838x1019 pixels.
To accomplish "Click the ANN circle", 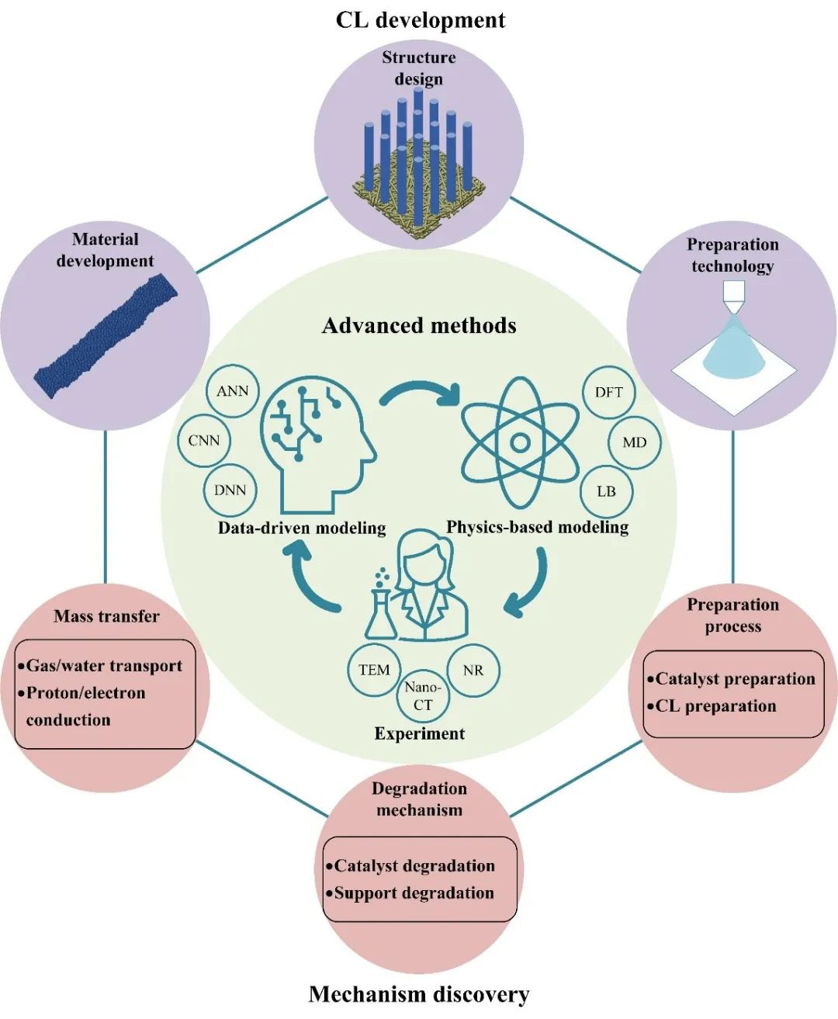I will tap(233, 391).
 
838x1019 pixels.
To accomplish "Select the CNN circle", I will tap(204, 441).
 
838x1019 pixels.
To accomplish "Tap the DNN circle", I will tap(230, 490).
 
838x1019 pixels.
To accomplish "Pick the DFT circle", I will tap(609, 392).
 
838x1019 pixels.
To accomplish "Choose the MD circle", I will tap(634, 442).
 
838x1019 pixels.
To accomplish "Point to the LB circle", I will tap(606, 491).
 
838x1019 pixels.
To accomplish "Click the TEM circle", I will tap(374, 670).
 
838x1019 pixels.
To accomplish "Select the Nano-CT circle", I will tap(423, 696).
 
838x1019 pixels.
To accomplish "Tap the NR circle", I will tap(473, 670).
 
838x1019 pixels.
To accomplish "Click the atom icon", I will tap(520, 443).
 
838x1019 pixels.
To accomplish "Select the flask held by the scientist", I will tap(380, 613).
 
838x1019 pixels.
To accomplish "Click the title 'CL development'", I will tap(420, 19).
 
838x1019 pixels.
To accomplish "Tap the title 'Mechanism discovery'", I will tap(419, 994).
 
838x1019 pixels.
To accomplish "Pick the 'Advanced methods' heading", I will tap(419, 325).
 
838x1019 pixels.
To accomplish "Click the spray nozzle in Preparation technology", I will tap(733, 293).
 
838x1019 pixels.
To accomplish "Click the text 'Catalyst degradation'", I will tap(414, 866).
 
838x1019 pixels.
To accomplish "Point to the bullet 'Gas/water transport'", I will tap(104, 666).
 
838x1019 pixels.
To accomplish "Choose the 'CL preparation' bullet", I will tap(715, 706).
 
